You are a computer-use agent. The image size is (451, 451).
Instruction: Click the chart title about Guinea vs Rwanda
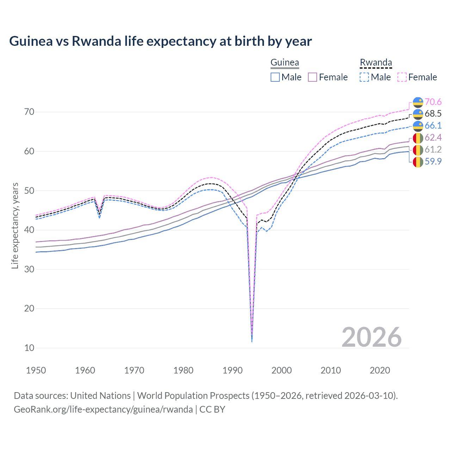160,41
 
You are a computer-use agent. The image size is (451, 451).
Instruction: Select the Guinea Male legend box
275,77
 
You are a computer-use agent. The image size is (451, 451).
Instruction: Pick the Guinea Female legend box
313,77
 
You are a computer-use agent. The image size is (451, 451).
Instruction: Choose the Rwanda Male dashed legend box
364,77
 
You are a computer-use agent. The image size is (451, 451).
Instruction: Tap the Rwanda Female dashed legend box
402,77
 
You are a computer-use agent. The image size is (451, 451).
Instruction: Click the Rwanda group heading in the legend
376,63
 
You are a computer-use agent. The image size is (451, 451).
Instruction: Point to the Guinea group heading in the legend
285,63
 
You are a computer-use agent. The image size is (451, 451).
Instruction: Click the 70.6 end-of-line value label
433,102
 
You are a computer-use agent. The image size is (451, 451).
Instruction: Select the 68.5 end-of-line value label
433,113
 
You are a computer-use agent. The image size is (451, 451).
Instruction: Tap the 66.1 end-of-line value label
433,125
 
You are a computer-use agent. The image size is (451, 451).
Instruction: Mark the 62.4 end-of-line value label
433,137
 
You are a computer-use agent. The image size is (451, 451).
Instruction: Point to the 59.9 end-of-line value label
433,161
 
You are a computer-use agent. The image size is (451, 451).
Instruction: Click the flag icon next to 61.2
418,150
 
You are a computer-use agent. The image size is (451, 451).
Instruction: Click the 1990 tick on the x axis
233,370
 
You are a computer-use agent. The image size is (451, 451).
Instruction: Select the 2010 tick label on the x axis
330,370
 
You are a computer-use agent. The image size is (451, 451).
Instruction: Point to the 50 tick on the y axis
29,191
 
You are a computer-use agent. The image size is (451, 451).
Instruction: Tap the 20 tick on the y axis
29,308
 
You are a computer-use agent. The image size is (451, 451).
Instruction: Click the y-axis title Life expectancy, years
15,225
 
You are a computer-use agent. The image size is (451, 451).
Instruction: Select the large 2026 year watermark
371,337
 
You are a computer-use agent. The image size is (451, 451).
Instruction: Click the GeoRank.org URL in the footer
103,409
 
